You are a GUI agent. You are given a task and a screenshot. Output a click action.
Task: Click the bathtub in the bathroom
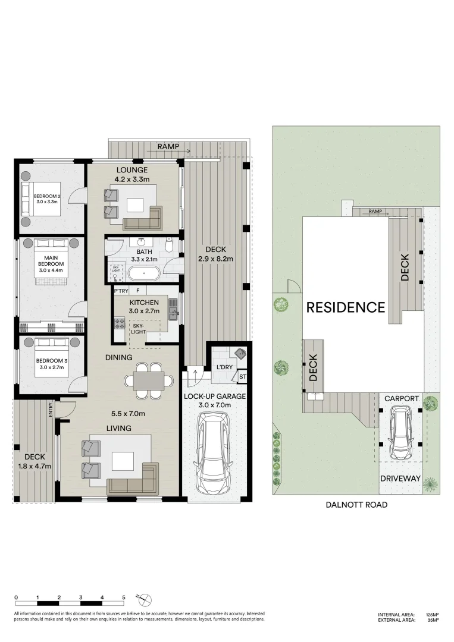(x=143, y=275)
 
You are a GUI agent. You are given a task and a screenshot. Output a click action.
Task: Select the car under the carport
(x=402, y=433)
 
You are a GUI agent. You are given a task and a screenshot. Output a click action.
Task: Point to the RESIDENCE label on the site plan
(x=346, y=307)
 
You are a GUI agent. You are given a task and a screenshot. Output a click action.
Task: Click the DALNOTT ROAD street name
(x=356, y=505)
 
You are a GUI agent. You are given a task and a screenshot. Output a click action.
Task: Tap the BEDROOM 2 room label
(x=46, y=196)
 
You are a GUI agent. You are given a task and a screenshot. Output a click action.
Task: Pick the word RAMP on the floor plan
(x=169, y=146)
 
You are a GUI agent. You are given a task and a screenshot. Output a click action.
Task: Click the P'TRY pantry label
(x=121, y=291)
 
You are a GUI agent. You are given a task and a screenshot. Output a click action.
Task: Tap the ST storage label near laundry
(x=242, y=377)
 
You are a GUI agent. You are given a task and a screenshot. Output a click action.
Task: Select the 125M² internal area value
(x=432, y=615)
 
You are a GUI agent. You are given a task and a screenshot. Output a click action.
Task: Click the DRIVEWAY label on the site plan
(x=400, y=479)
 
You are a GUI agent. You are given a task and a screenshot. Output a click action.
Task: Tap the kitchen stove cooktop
(x=118, y=325)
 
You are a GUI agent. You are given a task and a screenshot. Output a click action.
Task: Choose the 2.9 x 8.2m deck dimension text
(x=216, y=259)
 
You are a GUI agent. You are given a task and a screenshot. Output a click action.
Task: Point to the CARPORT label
(x=402, y=398)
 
